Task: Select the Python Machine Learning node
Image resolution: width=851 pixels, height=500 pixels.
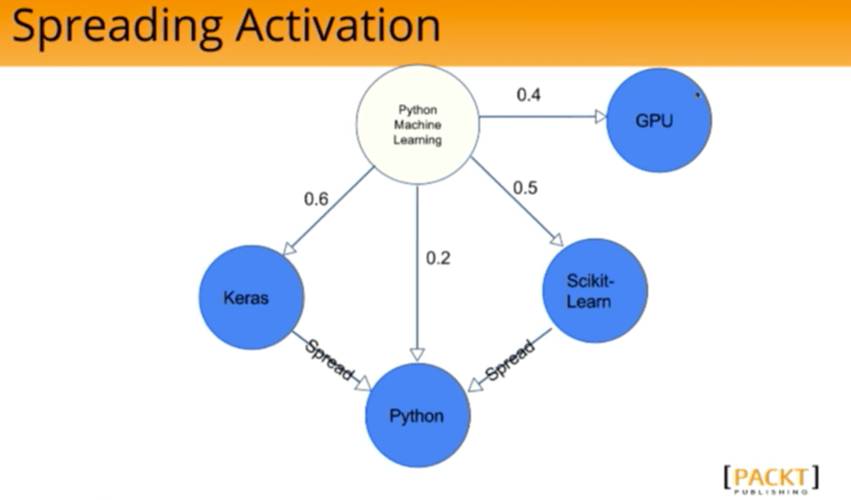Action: coord(417,125)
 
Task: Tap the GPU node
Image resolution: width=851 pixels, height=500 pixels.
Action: coord(658,120)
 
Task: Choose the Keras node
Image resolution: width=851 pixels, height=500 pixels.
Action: coord(251,298)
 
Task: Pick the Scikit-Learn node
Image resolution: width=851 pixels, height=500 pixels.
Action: coord(595,291)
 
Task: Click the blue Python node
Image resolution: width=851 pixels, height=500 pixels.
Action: coord(417,415)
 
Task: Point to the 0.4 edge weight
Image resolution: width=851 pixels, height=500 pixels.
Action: coord(528,95)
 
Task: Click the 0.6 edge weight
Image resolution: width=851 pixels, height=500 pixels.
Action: coord(316,199)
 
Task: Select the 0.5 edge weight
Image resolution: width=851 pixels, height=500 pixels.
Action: coord(525,188)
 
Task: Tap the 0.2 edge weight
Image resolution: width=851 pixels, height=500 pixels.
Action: coord(437,258)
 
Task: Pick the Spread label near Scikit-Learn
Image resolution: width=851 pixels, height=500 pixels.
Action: coord(509,360)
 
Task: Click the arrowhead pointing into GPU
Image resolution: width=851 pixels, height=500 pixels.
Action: coord(601,117)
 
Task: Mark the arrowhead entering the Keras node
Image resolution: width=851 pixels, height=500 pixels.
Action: coord(289,249)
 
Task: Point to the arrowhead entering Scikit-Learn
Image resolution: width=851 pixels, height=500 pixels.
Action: coord(557,240)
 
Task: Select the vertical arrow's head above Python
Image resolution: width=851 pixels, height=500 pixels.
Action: coord(417,355)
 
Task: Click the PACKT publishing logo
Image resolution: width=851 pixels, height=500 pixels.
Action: coord(772,479)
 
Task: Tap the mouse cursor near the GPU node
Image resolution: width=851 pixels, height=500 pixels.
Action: coord(698,95)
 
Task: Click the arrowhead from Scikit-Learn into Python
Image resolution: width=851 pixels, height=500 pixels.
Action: coord(475,385)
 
